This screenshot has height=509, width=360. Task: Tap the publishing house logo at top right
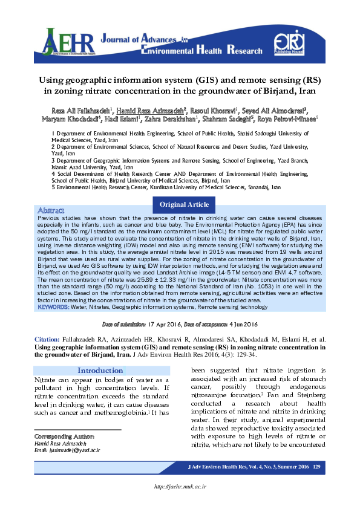click(x=287, y=42)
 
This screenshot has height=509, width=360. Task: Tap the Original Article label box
click(x=180, y=205)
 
